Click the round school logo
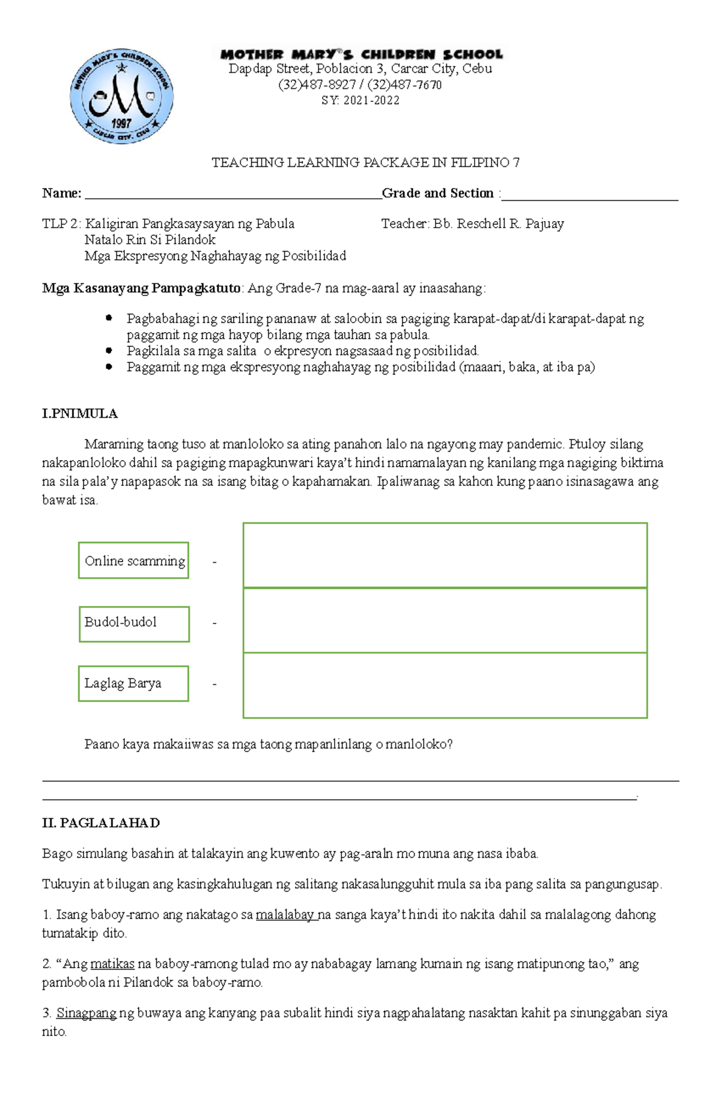pos(122,96)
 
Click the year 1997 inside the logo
pos(121,123)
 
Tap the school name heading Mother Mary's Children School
pos(361,54)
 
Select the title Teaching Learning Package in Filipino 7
pos(365,163)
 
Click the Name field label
pos(61,193)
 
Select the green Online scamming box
pos(134,561)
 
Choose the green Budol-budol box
pos(134,623)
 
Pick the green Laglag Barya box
pos(133,683)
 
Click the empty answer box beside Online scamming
pos(445,555)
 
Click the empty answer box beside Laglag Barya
pos(445,685)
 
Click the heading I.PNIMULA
pos(79,414)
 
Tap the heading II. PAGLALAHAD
pos(100,823)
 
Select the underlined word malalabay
pos(285,915)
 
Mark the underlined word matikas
pos(112,964)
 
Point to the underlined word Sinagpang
pos(87,1013)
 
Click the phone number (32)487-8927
pos(317,85)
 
